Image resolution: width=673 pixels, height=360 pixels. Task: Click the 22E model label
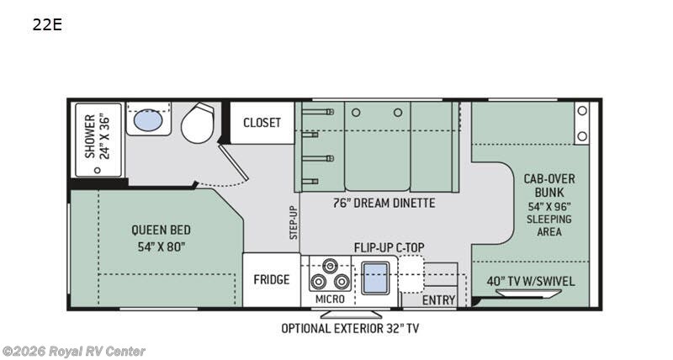tap(47, 24)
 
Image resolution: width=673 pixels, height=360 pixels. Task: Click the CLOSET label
tap(262, 123)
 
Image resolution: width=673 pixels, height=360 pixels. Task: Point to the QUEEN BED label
tap(161, 237)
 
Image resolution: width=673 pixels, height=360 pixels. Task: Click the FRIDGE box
tap(272, 280)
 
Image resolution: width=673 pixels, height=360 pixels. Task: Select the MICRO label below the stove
tap(330, 299)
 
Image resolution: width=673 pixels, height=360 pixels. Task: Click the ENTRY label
tap(438, 300)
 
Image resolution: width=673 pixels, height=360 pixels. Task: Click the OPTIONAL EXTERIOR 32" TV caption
tap(349, 328)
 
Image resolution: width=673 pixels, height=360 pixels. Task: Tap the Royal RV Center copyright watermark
tap(74, 351)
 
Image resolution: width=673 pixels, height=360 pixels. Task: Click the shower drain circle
tap(95, 169)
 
